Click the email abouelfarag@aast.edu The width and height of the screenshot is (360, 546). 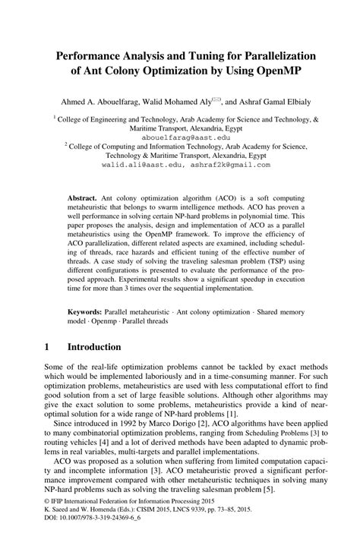point(180,137)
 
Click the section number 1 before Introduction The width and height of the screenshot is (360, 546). point(47,346)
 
